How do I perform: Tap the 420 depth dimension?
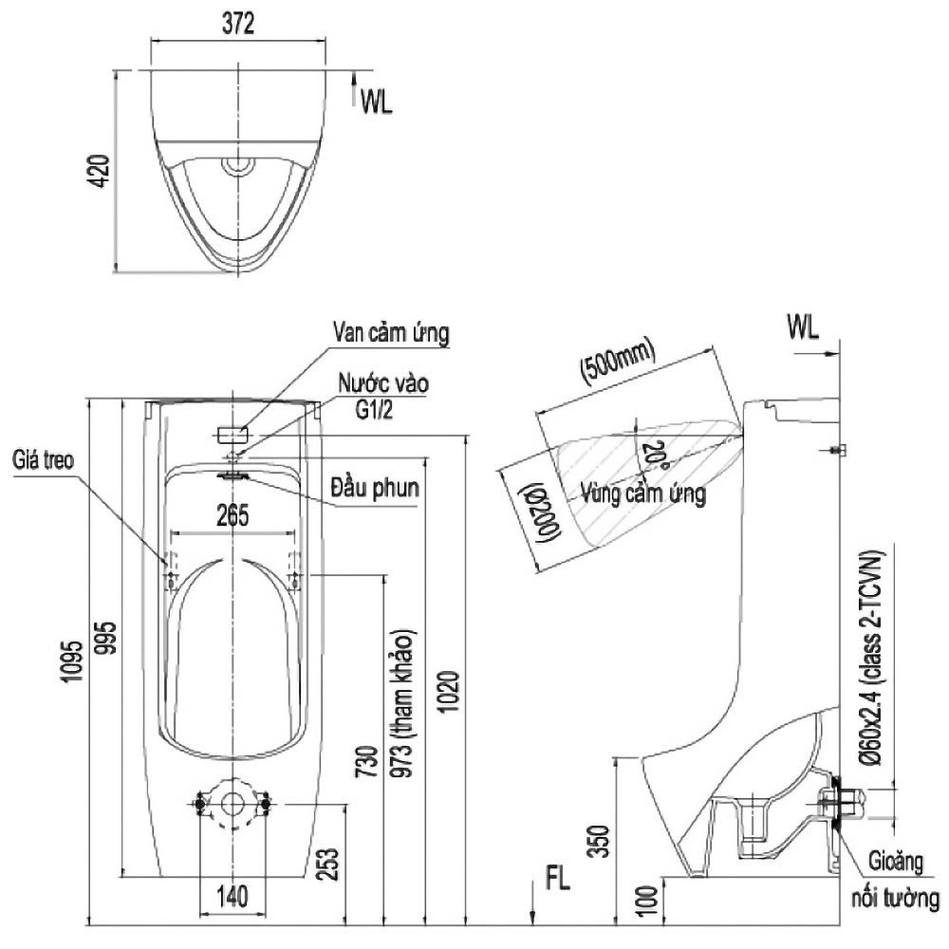(x=103, y=171)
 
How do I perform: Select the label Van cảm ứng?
(x=390, y=333)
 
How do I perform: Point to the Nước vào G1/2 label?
(x=385, y=396)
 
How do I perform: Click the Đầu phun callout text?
(x=375, y=490)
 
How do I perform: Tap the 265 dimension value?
(x=232, y=516)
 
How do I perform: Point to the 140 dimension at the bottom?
(x=233, y=895)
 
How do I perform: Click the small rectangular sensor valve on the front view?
(x=233, y=434)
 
